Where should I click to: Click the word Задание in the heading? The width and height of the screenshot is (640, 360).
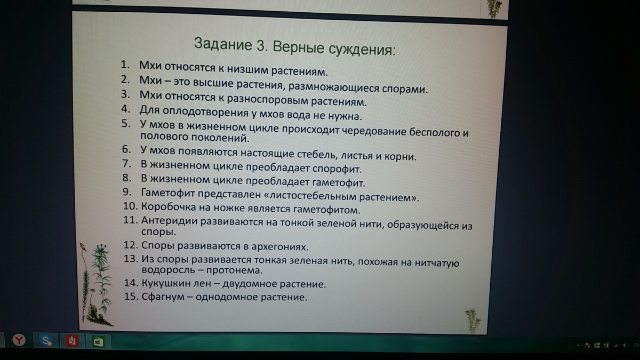click(x=223, y=44)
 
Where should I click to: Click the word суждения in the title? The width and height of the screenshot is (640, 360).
click(x=362, y=49)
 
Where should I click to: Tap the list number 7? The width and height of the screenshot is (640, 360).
click(x=127, y=163)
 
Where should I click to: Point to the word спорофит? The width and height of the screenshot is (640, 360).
click(x=337, y=169)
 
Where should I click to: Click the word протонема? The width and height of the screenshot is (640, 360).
click(x=234, y=270)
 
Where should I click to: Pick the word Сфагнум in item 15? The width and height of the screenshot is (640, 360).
click(x=163, y=297)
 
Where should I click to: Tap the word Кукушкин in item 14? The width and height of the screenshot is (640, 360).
click(x=166, y=283)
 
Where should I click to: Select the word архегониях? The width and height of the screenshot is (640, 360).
click(x=280, y=246)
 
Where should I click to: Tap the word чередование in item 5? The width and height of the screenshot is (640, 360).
click(x=374, y=131)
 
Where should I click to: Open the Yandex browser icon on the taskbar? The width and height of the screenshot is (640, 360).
click(x=19, y=340)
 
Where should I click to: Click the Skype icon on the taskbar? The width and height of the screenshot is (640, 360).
click(x=46, y=340)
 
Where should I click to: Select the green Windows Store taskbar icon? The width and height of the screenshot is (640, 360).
click(x=98, y=341)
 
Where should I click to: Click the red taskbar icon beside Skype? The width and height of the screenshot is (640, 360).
click(x=71, y=341)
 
